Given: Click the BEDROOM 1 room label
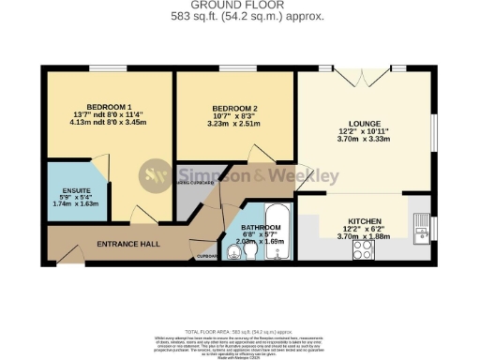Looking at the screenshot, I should [x=109, y=105].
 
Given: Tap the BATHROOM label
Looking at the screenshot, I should [x=261, y=228].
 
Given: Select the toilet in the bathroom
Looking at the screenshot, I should [x=233, y=249].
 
